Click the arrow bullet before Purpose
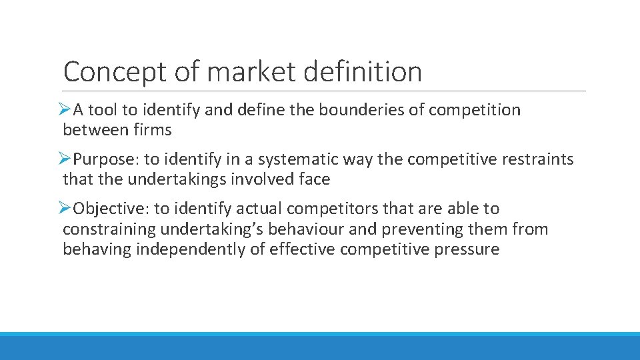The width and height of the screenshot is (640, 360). pos(65,159)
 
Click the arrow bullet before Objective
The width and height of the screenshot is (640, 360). pos(65,209)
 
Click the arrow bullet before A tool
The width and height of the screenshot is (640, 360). pos(65,109)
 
